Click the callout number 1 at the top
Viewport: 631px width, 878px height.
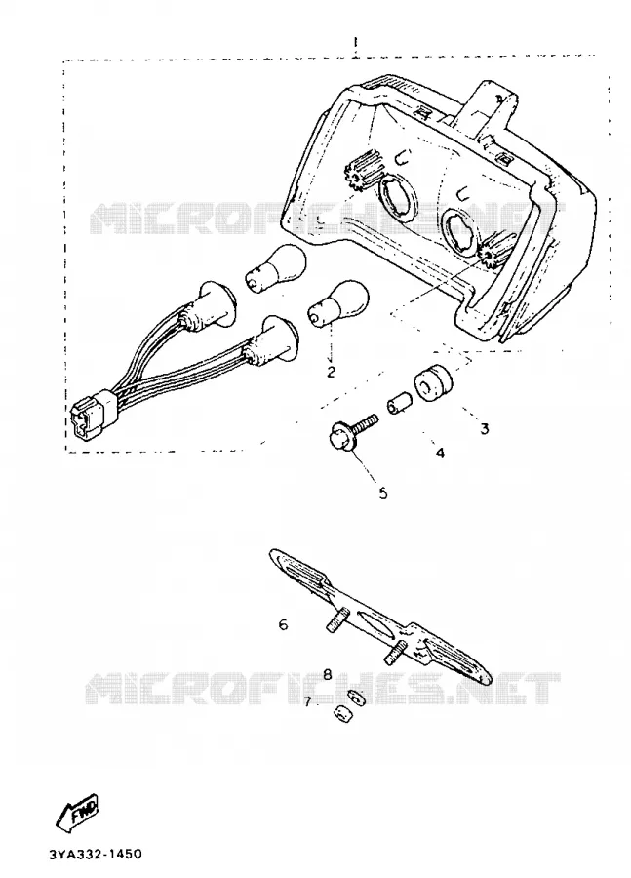356,43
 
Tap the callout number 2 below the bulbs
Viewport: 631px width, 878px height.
331,372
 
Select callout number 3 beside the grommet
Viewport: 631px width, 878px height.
485,429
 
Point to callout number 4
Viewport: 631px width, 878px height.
440,453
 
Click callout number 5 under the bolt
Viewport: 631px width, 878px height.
383,493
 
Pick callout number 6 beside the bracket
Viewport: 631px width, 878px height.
283,623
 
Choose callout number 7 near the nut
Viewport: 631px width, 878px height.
307,701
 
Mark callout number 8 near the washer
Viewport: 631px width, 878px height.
328,674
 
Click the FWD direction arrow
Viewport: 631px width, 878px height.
79,811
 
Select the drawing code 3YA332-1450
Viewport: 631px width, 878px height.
96,855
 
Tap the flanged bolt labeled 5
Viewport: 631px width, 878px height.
352,433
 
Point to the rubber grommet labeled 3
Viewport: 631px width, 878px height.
433,382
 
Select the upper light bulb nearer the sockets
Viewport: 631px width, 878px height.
275,269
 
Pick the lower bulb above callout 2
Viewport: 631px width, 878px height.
339,302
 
